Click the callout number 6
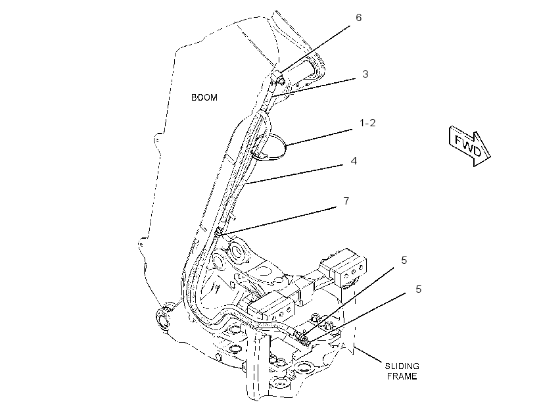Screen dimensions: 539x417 (358, 18)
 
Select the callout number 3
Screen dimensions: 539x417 (365, 74)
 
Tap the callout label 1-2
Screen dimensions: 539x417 (367, 123)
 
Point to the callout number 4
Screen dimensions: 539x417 (354, 161)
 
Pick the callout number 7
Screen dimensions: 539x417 (346, 201)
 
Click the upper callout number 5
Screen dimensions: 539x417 (404, 260)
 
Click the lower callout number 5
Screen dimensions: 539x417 (418, 289)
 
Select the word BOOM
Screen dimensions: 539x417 (204, 98)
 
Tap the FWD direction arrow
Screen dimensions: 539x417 (469, 146)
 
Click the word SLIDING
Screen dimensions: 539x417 (402, 366)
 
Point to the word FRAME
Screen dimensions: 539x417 (402, 376)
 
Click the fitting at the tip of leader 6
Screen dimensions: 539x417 (278, 78)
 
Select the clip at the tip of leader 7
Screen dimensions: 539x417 (219, 233)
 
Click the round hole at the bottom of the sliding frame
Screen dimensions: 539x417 (281, 383)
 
